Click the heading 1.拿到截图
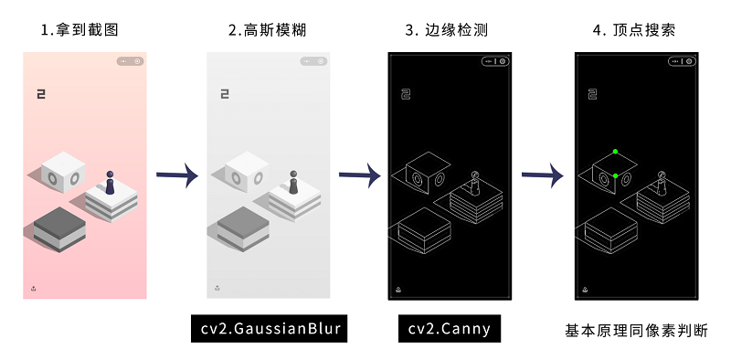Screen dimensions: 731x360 79,30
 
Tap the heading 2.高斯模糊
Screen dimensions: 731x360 268,30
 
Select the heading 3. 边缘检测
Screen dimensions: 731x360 447,30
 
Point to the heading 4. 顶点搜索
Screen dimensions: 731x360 634,30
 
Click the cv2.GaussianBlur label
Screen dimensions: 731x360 269,328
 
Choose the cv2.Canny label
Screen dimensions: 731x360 450,328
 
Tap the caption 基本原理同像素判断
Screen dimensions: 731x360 636,331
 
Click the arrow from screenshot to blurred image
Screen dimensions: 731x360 177,175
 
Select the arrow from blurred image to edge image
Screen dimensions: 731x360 360,175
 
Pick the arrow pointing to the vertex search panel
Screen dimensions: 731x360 543,175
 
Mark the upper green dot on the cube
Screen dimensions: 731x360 615,152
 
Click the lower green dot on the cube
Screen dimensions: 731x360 615,175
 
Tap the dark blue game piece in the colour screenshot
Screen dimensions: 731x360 110,183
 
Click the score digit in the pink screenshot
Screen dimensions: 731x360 41,94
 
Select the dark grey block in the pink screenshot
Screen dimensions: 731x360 59,229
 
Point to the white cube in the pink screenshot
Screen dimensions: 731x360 63,172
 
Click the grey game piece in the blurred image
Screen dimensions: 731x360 293,183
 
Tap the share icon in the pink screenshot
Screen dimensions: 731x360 34,289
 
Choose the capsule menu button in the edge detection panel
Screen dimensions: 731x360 495,61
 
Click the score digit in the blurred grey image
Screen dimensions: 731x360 225,94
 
